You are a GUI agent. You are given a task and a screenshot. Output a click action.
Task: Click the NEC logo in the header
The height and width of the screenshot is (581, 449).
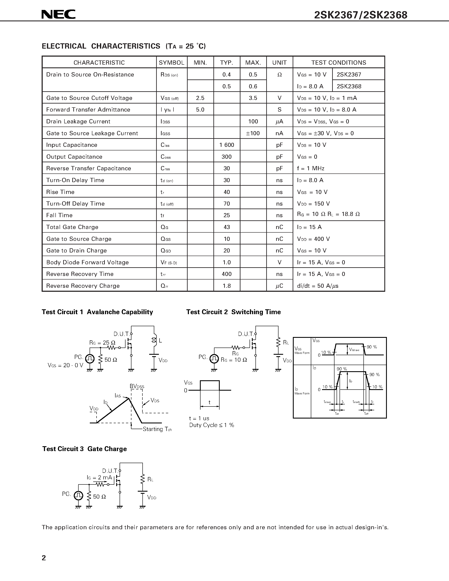click(x=59, y=14)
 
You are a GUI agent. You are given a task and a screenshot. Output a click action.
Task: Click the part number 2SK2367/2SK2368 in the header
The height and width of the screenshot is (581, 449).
click(x=360, y=15)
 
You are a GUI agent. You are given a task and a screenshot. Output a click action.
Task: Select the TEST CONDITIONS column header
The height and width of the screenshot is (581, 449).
click(x=339, y=63)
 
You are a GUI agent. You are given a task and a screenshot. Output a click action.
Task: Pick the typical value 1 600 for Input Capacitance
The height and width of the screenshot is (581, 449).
click(x=227, y=145)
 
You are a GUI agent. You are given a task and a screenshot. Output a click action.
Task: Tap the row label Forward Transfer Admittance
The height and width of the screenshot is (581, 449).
click(x=88, y=110)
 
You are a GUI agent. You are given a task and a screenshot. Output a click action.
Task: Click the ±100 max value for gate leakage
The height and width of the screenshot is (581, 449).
click(x=253, y=133)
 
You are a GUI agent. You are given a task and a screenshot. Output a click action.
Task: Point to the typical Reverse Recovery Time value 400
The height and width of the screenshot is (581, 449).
click(x=227, y=274)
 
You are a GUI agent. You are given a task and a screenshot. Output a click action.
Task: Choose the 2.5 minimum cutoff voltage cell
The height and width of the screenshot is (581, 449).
click(x=200, y=98)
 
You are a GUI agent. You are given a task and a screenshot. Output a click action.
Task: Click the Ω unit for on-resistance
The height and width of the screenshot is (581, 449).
click(x=279, y=75)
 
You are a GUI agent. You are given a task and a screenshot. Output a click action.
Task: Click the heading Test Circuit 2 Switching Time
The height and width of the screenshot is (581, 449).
click(x=233, y=312)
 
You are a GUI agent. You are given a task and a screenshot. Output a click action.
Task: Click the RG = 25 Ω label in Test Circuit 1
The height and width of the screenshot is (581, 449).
click(x=102, y=343)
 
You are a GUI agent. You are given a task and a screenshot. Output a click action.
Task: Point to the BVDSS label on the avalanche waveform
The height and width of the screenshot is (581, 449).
click(x=137, y=386)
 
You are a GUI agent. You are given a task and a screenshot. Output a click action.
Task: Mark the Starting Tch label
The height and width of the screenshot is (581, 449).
click(x=157, y=429)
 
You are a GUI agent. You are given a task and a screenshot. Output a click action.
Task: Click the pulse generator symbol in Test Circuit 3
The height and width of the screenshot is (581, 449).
click(x=78, y=495)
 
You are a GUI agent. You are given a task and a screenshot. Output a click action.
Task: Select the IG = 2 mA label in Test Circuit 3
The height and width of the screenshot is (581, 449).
click(x=99, y=477)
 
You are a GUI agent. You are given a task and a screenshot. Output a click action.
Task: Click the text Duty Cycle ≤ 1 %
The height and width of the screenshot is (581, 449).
click(x=212, y=425)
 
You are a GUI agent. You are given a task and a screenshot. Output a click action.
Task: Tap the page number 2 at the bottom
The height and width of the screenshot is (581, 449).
click(x=44, y=558)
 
